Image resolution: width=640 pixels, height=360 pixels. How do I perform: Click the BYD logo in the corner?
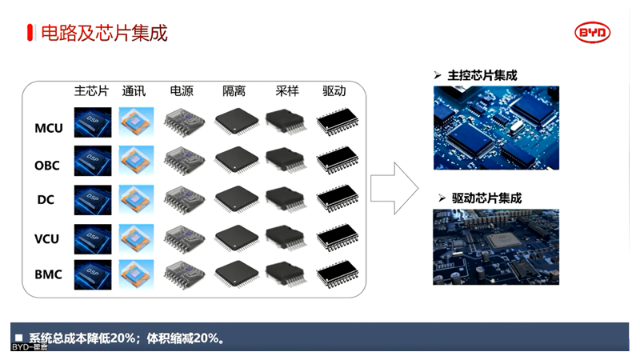593,32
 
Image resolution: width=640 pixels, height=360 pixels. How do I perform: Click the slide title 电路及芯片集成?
104,33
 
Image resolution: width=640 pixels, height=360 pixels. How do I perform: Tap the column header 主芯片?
91,91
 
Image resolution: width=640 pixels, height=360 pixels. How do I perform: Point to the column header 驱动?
334,91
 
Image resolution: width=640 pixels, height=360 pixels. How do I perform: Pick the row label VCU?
48,238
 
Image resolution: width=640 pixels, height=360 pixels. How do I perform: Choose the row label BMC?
48,274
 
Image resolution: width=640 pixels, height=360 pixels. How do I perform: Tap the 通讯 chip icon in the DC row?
136,198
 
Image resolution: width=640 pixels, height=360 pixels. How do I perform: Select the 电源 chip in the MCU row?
183,123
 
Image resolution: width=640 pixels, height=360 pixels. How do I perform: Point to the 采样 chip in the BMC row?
284,273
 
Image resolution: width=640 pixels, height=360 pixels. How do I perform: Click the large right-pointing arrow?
396,187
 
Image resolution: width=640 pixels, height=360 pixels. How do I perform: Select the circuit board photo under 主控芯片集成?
496,127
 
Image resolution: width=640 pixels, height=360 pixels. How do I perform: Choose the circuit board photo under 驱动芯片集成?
496,247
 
